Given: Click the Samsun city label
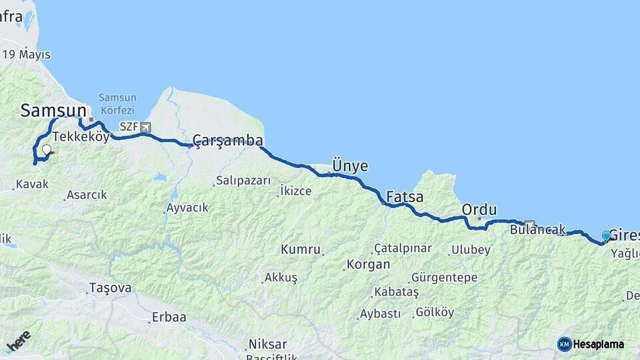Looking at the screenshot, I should click(x=53, y=110).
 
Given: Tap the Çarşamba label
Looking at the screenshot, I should click(x=227, y=140).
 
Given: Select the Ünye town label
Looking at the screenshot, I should click(x=350, y=166).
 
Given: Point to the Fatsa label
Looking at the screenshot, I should click(x=405, y=197).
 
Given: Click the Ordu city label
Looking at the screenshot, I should click(x=479, y=209).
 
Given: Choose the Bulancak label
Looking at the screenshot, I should click(x=537, y=229).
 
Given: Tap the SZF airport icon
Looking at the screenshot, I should click(x=145, y=127).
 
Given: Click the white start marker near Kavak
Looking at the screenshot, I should click(x=46, y=150).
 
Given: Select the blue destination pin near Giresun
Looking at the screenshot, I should click(x=606, y=235).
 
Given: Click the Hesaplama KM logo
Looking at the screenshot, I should click(x=591, y=344).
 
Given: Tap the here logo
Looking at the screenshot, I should click(x=18, y=341).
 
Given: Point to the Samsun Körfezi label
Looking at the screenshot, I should click(x=117, y=103).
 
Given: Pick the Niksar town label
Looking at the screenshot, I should click(x=267, y=344).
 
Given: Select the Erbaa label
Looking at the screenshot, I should click(x=169, y=317).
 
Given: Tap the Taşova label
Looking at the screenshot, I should click(x=109, y=288).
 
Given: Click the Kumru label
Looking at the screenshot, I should click(x=300, y=249).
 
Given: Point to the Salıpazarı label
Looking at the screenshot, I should click(x=243, y=181).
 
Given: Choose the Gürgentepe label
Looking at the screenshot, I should click(x=444, y=277).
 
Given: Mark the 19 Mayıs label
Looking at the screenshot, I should click(x=27, y=55).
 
